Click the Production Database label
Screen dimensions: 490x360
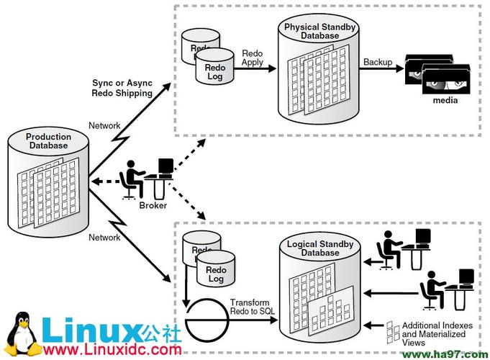tap(48, 140)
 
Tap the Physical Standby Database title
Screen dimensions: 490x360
tap(319, 31)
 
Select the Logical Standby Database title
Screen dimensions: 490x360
tap(320, 248)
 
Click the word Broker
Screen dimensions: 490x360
tap(153, 205)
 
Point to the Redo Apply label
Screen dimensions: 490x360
tap(252, 58)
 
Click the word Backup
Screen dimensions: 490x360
tap(378, 62)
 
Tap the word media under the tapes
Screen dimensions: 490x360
tap(445, 100)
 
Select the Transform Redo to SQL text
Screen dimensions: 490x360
tap(253, 307)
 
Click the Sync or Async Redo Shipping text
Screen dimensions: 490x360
tap(122, 88)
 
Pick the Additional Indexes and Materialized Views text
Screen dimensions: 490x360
tap(437, 334)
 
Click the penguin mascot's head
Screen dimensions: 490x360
tap(22, 322)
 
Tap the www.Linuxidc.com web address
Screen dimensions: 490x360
tap(112, 349)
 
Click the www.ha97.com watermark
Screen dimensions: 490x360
tap(445, 355)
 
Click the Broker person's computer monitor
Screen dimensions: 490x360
tap(165, 166)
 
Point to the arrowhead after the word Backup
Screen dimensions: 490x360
tap(400, 68)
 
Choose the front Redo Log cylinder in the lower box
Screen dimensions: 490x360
tap(216, 269)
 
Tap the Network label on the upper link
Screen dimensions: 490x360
tap(104, 125)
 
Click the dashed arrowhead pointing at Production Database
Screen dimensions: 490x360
tap(96, 181)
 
